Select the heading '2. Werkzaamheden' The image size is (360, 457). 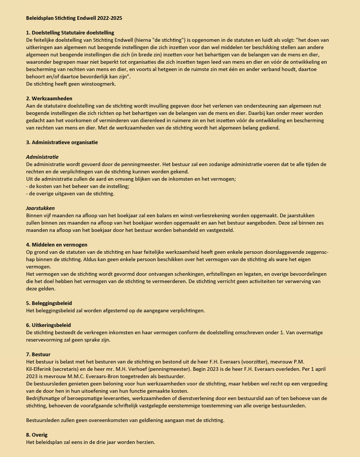(49, 98)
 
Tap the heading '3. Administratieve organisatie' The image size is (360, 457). (62, 142)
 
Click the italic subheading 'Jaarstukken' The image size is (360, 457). (41, 208)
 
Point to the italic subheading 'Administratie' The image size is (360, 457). (42, 157)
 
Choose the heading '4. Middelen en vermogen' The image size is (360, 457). (56, 244)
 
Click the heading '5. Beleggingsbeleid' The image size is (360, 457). (49, 303)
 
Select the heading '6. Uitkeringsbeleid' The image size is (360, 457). (49, 325)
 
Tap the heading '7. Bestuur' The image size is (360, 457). (39, 354)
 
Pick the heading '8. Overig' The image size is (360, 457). (37, 435)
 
